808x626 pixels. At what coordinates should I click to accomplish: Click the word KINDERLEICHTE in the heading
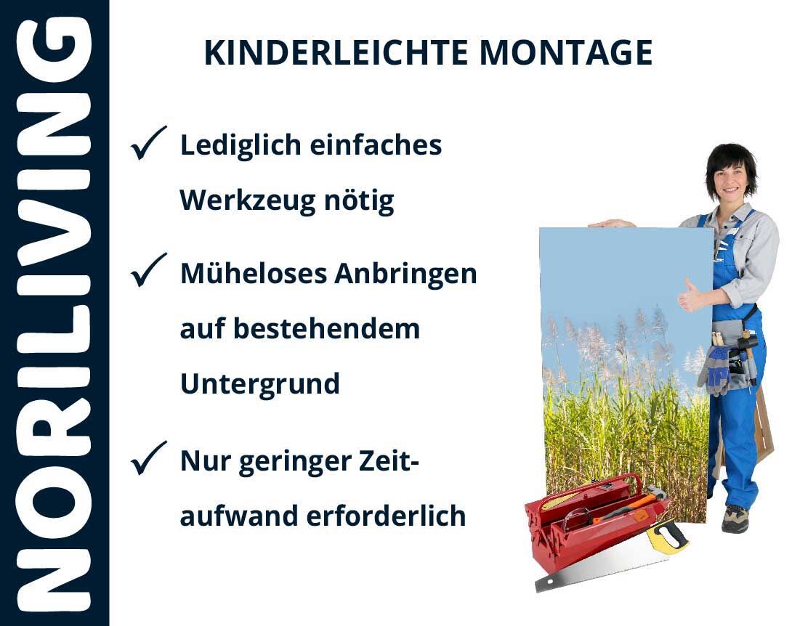336,52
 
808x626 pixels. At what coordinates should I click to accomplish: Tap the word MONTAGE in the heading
566,52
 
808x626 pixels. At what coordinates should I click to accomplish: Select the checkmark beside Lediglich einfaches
148,143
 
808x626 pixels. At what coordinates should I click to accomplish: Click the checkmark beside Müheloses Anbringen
148,270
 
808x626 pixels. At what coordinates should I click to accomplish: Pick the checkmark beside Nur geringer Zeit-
148,458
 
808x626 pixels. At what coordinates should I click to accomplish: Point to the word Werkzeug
247,201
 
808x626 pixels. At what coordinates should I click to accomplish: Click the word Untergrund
259,384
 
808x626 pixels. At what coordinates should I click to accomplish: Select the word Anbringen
405,274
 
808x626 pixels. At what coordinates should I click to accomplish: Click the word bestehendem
327,329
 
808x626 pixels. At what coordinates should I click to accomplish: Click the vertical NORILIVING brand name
54,313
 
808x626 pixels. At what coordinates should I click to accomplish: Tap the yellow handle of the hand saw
667,537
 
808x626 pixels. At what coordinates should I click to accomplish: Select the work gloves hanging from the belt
714,368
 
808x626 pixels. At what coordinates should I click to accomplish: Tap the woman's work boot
735,519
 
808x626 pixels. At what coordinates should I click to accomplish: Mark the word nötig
359,201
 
